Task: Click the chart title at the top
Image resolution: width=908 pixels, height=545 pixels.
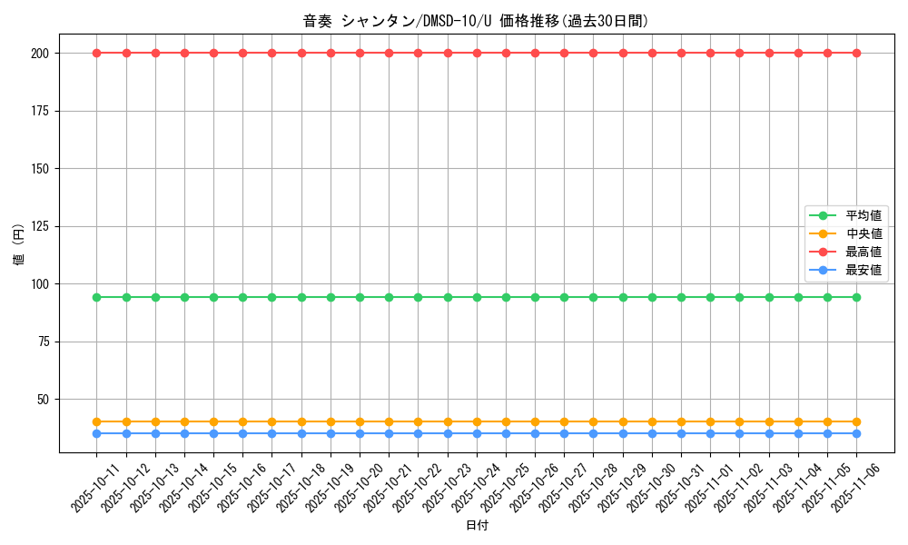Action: [476, 21]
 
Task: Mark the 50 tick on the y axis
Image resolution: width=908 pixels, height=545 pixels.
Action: [46, 400]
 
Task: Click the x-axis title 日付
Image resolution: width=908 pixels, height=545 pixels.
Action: [477, 526]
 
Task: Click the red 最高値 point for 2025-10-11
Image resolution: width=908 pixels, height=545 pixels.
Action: [97, 53]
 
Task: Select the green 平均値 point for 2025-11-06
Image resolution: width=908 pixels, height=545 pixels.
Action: [856, 297]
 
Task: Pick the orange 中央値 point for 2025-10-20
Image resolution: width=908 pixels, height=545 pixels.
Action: [360, 421]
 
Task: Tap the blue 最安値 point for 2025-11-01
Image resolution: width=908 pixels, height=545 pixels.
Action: [710, 433]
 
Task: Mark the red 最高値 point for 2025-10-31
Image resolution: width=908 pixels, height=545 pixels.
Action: [681, 53]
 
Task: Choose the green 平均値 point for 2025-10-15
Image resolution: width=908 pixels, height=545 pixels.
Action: [213, 297]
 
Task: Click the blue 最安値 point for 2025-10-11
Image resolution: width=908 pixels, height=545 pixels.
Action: [97, 433]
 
